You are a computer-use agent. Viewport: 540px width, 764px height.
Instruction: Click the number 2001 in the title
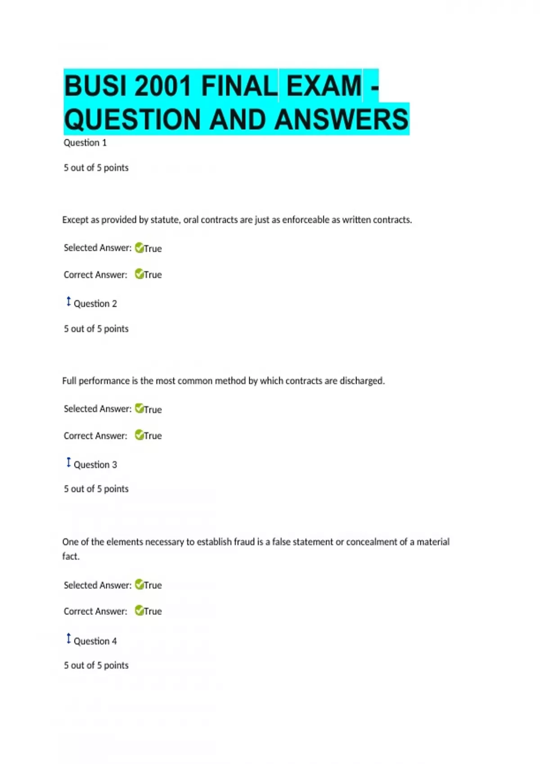coord(163,85)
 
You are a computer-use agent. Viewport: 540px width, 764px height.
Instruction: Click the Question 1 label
coord(85,143)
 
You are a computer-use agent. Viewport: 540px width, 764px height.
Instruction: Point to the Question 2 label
coord(95,304)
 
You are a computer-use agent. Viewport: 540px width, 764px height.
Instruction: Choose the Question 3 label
coord(95,465)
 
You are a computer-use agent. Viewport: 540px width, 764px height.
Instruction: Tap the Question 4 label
coord(95,641)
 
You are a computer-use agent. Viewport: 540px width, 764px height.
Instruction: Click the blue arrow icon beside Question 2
coord(68,302)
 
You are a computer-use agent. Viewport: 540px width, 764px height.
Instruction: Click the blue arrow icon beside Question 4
coord(68,639)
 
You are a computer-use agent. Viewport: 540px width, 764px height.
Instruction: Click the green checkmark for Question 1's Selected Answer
coord(139,248)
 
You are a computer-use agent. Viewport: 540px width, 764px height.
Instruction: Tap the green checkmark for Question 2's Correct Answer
coord(139,435)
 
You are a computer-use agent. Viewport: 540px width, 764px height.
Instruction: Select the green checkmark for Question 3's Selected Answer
coord(139,584)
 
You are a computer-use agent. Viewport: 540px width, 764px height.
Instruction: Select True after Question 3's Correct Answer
coord(153,611)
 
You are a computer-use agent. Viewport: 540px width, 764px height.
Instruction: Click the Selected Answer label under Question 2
coord(97,409)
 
